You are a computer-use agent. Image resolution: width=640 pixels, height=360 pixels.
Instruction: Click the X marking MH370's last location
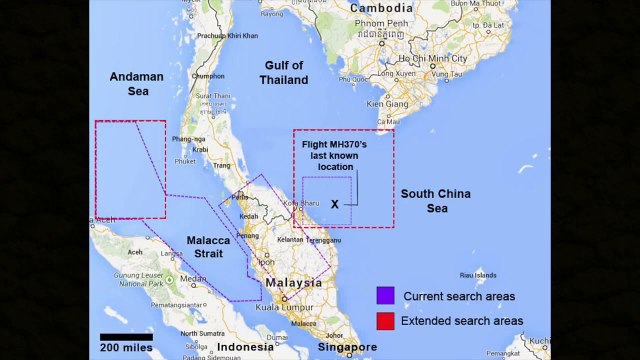point(336,203)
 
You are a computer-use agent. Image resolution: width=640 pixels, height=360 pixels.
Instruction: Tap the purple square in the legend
point(384,296)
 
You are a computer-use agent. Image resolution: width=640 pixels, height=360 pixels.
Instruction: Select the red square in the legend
point(384,320)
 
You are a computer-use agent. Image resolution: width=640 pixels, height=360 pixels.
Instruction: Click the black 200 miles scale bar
point(126,335)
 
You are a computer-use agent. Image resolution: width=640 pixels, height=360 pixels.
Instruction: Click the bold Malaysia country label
point(293,283)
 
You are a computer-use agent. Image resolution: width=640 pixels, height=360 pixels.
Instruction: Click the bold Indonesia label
point(245,347)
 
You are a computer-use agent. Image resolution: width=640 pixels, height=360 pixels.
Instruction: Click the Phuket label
point(185,160)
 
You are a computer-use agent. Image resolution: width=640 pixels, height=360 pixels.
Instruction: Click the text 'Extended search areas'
point(461,320)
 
